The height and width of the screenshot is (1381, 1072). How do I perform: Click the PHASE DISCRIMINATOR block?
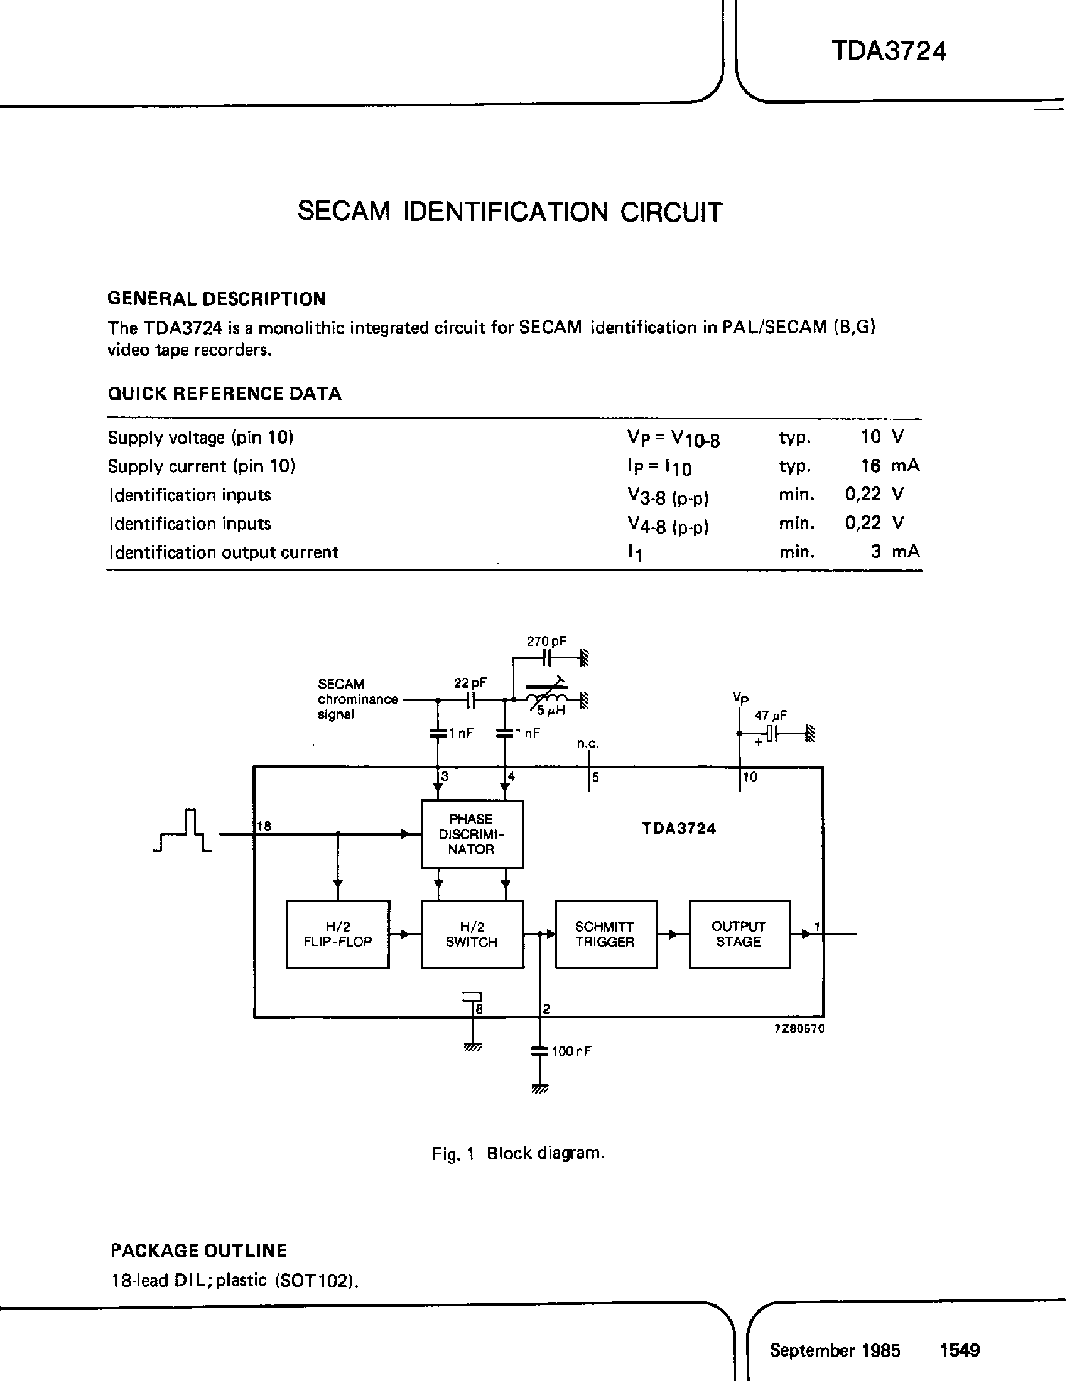[472, 834]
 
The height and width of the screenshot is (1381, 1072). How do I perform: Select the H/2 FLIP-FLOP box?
[338, 934]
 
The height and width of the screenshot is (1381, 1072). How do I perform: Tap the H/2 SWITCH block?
[472, 934]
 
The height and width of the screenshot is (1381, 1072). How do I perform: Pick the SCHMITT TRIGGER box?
[605, 934]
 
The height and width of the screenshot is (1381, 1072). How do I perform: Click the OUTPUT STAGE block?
[739, 934]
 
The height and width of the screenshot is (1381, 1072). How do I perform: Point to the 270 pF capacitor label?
[546, 641]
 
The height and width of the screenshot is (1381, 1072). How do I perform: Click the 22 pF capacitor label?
[470, 683]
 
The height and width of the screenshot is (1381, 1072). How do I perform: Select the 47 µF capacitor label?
[771, 716]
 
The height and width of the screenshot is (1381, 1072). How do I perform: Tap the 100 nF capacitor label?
[571, 1051]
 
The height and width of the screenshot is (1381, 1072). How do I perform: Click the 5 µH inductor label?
[551, 710]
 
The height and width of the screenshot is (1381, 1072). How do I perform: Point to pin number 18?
[264, 826]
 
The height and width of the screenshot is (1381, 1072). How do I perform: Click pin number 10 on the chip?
[750, 777]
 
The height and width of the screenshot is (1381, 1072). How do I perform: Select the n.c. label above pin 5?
[588, 744]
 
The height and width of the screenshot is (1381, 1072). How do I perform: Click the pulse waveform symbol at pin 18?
[183, 830]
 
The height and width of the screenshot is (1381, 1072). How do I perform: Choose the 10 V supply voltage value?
[882, 436]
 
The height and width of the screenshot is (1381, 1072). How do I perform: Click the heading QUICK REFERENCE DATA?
[225, 394]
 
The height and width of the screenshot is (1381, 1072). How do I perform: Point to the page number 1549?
[960, 1350]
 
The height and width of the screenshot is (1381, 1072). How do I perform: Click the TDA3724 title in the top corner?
[889, 51]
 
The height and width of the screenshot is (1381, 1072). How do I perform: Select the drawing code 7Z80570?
[799, 1029]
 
